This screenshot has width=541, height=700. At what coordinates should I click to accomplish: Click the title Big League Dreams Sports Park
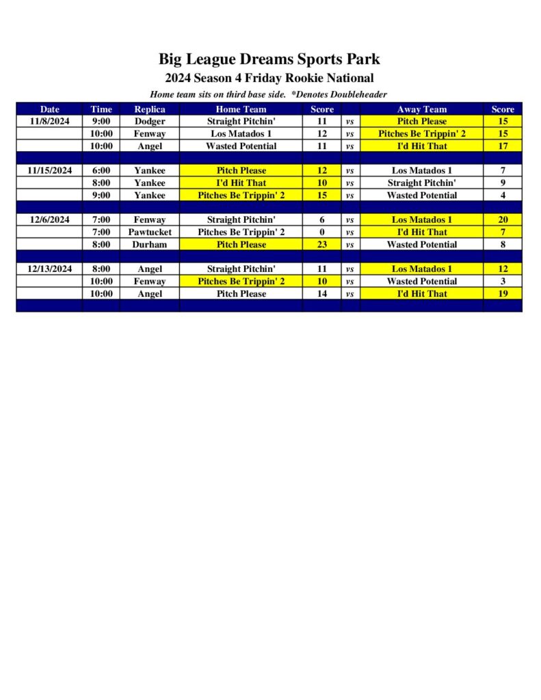click(269, 59)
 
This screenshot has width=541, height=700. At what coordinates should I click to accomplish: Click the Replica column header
click(149, 109)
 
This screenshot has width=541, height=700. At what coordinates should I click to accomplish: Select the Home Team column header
click(241, 109)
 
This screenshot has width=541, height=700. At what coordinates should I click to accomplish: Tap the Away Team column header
click(421, 109)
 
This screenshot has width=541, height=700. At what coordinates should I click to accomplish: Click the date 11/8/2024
click(49, 121)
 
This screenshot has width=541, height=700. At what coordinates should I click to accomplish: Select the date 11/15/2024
click(49, 170)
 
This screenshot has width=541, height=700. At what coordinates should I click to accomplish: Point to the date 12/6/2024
click(49, 219)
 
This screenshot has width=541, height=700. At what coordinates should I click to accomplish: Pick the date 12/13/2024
click(49, 269)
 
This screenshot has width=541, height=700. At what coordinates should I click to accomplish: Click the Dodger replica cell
click(149, 121)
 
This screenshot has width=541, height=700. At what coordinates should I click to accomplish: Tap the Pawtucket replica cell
click(149, 232)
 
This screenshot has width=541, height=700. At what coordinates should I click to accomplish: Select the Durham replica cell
click(149, 244)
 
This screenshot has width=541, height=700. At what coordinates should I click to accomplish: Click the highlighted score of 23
click(321, 244)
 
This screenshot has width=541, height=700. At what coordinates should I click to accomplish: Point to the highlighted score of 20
click(503, 219)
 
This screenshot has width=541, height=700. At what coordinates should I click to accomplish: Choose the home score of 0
click(321, 232)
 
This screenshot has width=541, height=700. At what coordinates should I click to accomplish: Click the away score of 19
click(503, 293)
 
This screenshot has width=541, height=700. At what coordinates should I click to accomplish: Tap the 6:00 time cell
click(101, 170)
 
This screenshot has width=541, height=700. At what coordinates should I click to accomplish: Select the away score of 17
click(503, 146)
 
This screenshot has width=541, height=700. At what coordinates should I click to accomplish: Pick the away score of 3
click(503, 281)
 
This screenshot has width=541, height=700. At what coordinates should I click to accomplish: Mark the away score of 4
click(503, 195)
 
